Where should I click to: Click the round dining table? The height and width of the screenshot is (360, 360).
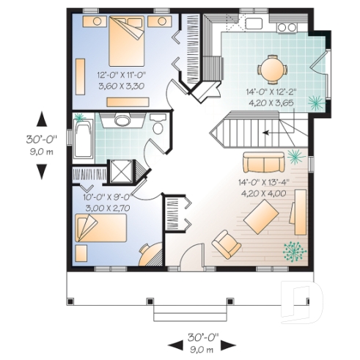point(271,70)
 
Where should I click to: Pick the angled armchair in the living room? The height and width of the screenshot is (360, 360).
point(227,243)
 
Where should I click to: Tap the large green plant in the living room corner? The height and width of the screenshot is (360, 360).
point(293,251)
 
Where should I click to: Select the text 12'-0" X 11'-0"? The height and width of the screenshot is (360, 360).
point(121,75)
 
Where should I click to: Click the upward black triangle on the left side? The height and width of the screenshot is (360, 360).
point(42,118)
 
